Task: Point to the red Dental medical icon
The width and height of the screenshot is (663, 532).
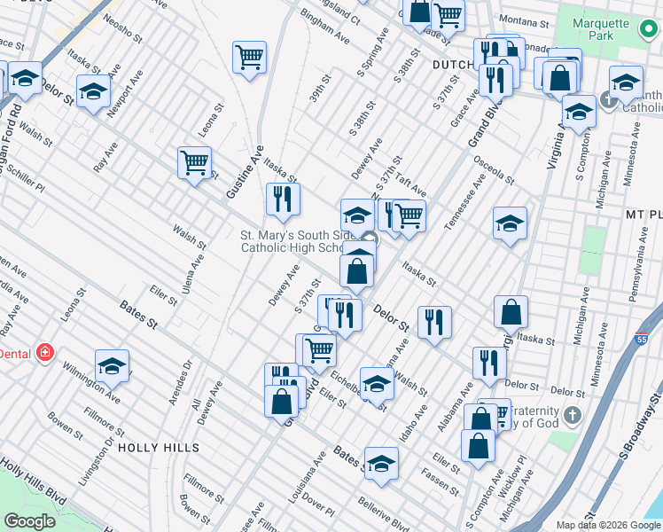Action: click(43, 353)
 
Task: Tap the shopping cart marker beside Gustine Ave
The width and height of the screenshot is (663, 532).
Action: click(194, 163)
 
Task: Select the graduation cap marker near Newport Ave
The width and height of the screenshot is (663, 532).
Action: click(93, 90)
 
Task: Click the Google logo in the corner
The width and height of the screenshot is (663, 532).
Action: click(30, 520)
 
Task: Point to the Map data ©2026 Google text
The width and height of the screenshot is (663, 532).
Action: click(606, 524)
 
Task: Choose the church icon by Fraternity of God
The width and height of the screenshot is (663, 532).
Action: click(573, 415)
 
